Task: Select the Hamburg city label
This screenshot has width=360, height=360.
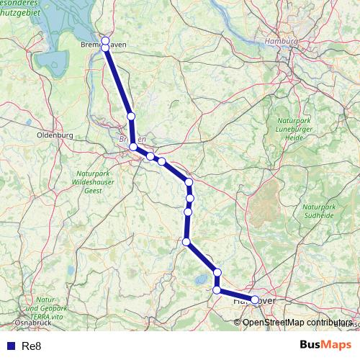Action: (x=281, y=42)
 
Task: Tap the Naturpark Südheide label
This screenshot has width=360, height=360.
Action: (x=318, y=205)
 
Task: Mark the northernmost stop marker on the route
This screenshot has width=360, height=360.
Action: (x=105, y=40)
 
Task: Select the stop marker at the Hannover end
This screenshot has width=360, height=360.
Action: (x=255, y=300)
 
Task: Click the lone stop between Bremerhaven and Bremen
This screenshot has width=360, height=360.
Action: (x=130, y=116)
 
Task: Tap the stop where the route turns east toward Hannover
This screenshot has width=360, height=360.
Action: (x=217, y=289)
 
